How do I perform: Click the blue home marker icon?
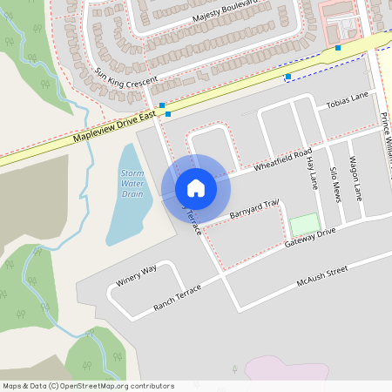pos(196,188)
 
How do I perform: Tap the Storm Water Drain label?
pos(132,185)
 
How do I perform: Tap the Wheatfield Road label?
pos(283,160)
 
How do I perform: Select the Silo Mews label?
pos(335,184)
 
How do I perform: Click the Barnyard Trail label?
pos(253,209)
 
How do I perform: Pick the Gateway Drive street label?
pos(309,238)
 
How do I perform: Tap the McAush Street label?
pos(321,276)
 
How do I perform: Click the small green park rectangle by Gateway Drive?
pos(305,224)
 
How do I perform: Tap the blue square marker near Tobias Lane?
pos(287,78)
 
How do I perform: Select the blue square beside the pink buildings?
pos(338,48)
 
